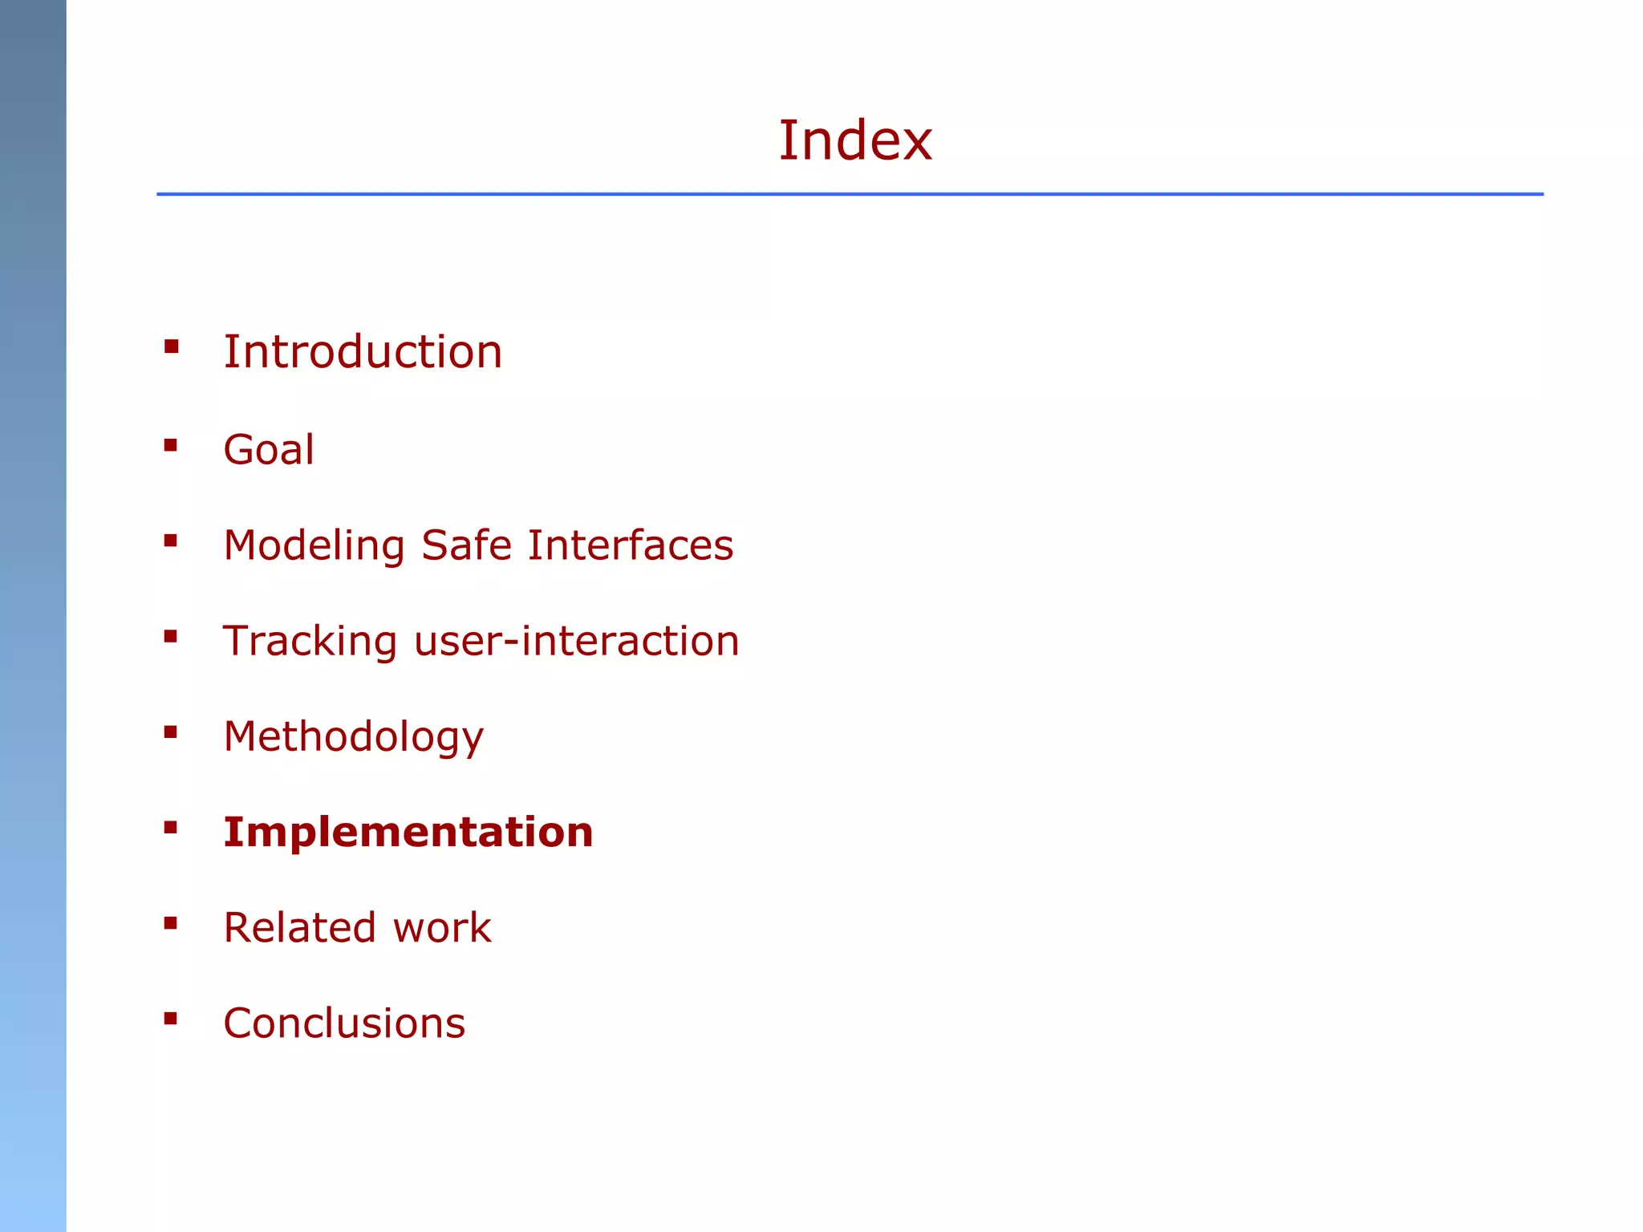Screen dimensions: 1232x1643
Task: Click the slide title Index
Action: (x=855, y=141)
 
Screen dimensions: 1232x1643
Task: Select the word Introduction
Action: (x=363, y=352)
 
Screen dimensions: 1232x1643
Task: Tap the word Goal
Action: (x=269, y=449)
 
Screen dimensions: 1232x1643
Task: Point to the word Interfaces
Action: (x=631, y=545)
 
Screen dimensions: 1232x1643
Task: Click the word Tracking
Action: (x=310, y=642)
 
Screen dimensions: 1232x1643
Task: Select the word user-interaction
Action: (x=576, y=641)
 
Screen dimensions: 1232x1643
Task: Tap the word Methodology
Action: (x=354, y=737)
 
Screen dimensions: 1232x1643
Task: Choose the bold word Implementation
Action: (x=408, y=832)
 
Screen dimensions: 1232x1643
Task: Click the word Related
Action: (x=299, y=928)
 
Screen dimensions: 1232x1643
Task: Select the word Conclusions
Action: (x=344, y=1023)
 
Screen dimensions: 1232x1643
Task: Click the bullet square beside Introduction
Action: (x=171, y=347)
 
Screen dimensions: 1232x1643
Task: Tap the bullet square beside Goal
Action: (x=171, y=445)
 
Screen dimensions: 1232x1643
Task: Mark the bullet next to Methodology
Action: (x=171, y=732)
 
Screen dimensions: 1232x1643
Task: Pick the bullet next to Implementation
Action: (x=171, y=828)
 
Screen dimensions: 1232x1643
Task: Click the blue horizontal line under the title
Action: (x=850, y=194)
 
